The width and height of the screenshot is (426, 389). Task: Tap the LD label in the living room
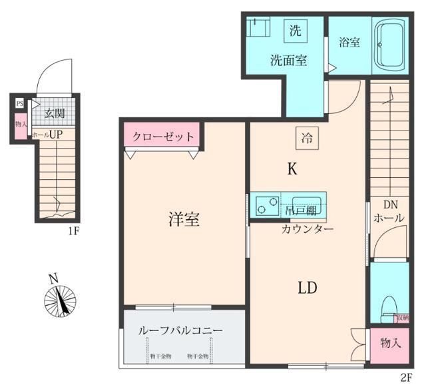(x=306, y=288)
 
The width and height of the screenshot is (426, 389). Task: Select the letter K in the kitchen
(x=292, y=170)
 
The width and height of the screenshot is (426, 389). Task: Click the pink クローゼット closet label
(x=163, y=137)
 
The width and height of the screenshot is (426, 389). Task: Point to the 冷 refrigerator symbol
(x=307, y=139)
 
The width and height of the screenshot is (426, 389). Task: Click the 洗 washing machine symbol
(x=294, y=30)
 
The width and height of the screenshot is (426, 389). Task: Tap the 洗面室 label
(x=288, y=60)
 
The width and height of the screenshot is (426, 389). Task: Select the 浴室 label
(x=349, y=42)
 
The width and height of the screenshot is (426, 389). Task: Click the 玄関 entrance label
(x=55, y=113)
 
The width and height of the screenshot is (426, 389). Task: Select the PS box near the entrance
(x=19, y=104)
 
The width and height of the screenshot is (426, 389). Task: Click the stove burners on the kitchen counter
(x=266, y=205)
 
